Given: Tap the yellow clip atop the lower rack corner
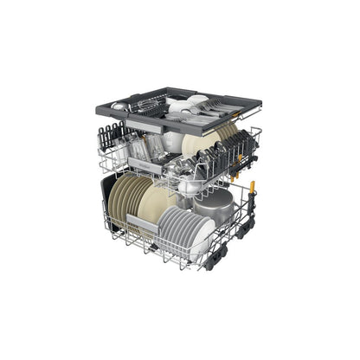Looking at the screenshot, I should point(253,187).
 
